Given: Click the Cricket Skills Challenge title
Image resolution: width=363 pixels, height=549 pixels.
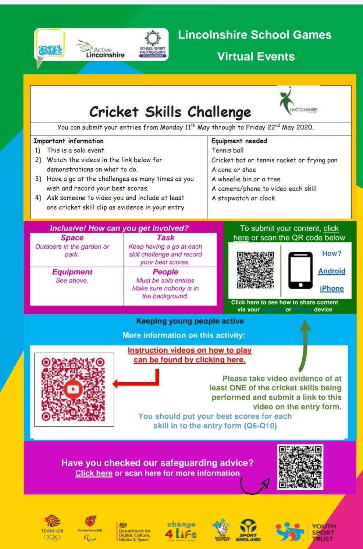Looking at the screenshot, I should point(170,112).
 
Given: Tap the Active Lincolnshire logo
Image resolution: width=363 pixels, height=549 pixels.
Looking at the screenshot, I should point(101,50).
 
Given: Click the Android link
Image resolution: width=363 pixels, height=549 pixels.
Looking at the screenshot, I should point(332,271).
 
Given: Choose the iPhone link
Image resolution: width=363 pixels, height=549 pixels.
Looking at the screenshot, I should point(332,288).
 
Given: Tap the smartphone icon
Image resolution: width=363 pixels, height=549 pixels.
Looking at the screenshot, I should point(300,270).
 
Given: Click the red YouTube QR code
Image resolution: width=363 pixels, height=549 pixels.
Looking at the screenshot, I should point(73,389).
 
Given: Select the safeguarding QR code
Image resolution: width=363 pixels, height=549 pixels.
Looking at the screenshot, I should point(300,467).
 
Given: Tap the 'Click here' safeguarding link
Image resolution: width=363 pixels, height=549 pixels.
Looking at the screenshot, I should point(94,473).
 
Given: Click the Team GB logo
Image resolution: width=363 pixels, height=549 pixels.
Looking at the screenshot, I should point(52,528).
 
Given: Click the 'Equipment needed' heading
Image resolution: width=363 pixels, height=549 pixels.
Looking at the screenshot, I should point(239,141).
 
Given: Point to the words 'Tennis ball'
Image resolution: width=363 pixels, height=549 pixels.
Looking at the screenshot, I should point(227,150).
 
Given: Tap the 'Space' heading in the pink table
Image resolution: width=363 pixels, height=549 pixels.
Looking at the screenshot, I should point(72,238).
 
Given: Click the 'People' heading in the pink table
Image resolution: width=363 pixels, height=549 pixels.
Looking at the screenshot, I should point(166,272).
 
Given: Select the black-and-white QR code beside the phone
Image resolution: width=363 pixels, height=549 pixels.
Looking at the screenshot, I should point(255,270).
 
